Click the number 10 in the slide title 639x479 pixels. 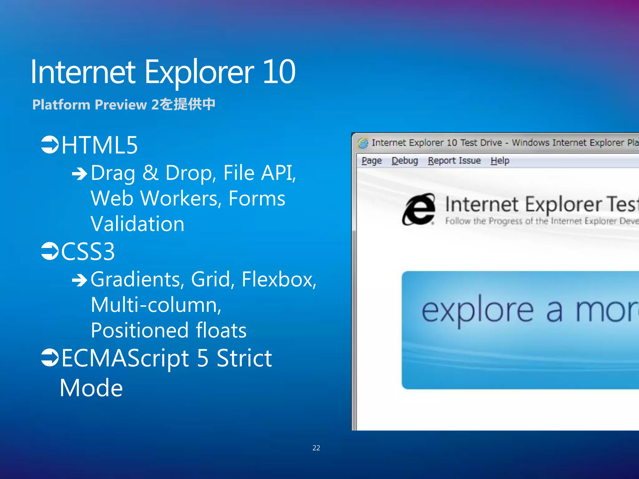(279, 72)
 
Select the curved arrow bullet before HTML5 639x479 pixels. (50, 145)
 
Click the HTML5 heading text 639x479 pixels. (100, 145)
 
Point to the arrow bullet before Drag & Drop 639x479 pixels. (80, 174)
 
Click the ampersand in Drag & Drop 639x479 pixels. (150, 173)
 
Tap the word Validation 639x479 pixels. (137, 224)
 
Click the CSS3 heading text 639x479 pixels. (88, 252)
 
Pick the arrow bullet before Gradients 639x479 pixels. (80, 280)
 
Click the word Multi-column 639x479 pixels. (156, 305)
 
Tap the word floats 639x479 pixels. (221, 331)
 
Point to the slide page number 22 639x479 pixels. (316, 448)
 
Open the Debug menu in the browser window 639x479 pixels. (405, 161)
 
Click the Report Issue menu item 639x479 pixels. (454, 161)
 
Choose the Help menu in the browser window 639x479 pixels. (500, 161)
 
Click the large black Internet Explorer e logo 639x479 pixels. (419, 209)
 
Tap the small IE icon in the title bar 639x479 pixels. (363, 143)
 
